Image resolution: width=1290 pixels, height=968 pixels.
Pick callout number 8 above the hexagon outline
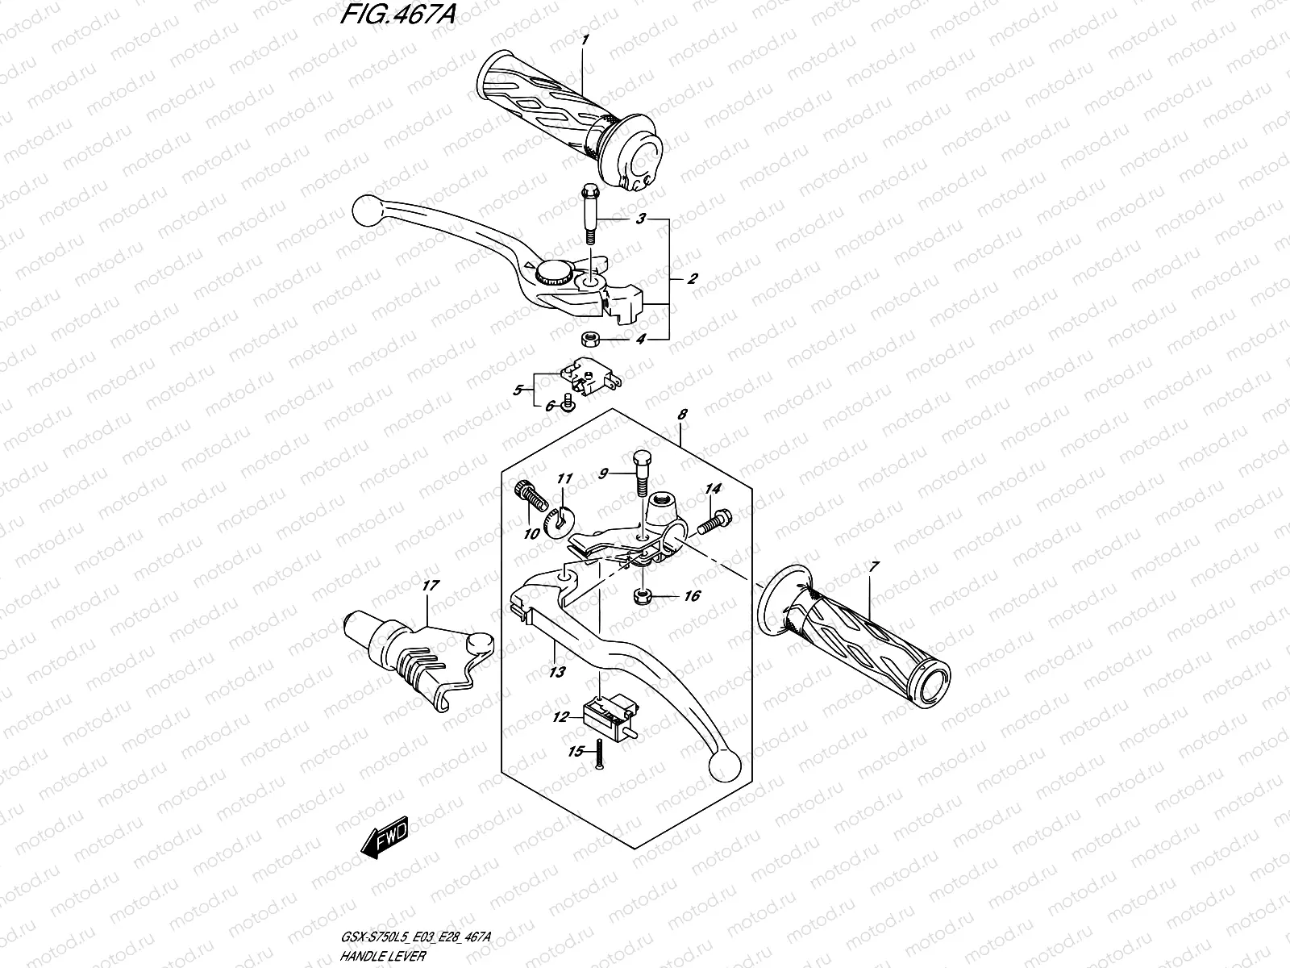pyautogui.click(x=682, y=415)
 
